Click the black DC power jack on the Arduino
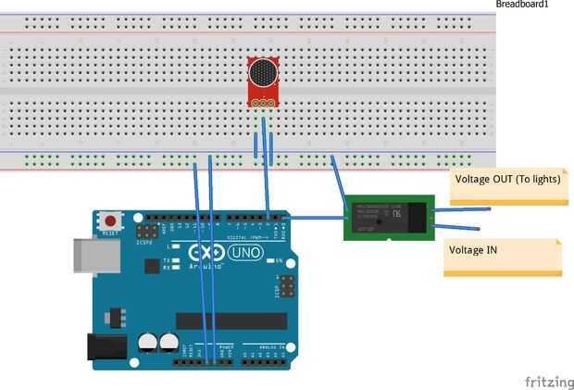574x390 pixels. [x=106, y=346]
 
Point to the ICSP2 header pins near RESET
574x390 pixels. [x=146, y=230]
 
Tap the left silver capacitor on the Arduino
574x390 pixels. [x=147, y=343]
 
